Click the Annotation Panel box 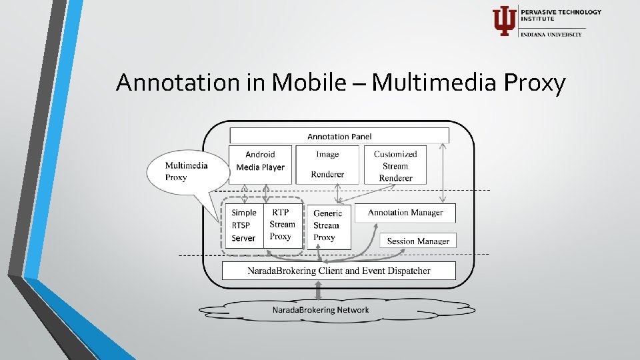(339, 136)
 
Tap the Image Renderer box (327, 165)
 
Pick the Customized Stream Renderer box (395, 165)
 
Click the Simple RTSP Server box (243, 225)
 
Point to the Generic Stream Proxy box (327, 225)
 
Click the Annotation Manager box (405, 213)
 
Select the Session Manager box (418, 241)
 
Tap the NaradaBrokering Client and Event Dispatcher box (339, 271)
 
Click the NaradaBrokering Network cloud (321, 310)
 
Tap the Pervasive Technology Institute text (561, 15)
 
